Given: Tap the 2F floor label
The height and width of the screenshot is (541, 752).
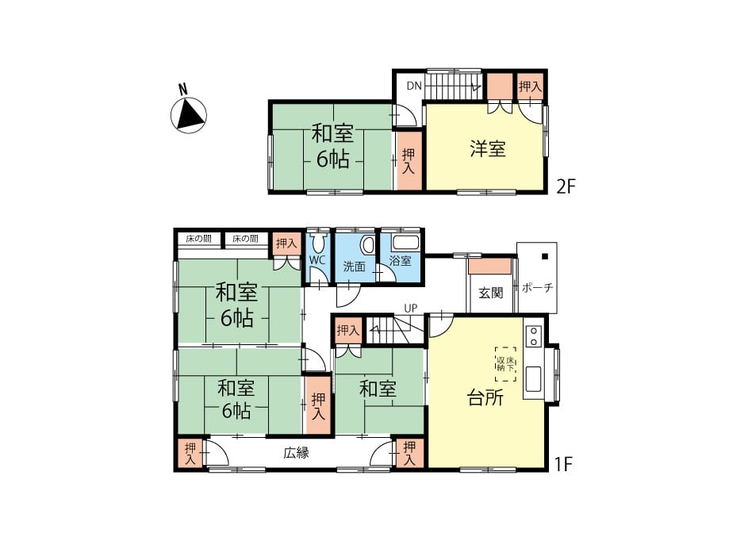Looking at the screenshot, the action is click(565, 186).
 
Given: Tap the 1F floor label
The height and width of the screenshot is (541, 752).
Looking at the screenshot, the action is click(563, 464).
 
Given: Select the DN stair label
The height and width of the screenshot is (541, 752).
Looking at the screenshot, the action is click(414, 86).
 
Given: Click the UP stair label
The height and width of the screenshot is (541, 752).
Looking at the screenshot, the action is click(411, 308).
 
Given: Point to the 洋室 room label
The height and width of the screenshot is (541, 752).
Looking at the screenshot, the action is click(487, 148).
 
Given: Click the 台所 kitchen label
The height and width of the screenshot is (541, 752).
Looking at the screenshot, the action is click(485, 397).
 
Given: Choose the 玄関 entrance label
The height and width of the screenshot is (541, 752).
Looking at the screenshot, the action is click(490, 293).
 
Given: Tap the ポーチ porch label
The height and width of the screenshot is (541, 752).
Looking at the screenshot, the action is click(537, 287).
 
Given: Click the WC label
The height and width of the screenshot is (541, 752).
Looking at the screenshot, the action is click(317, 260).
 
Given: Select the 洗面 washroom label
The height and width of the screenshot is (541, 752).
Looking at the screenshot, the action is click(355, 267).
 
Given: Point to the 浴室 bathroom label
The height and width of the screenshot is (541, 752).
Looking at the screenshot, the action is click(400, 261).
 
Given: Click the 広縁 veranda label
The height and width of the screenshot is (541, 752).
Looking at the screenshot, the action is click(296, 452).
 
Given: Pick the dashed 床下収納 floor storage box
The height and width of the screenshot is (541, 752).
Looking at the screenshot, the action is click(506, 364).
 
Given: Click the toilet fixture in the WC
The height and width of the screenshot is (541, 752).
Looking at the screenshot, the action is click(317, 243).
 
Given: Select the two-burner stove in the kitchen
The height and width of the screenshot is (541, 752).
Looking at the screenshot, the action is click(533, 336).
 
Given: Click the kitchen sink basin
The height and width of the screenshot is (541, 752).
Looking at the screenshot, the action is click(533, 379).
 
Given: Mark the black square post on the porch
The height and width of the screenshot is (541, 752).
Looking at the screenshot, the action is click(545, 256).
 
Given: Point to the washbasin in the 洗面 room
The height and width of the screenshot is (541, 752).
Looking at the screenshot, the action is click(368, 245).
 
